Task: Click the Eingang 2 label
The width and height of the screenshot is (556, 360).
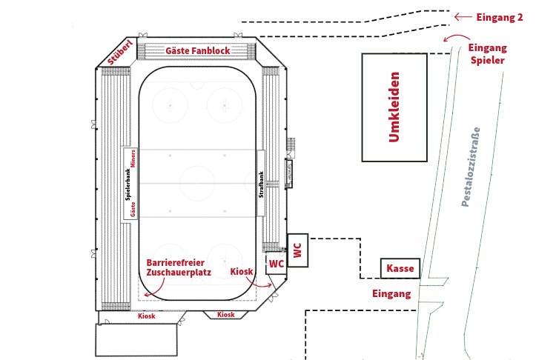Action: coord(501,16)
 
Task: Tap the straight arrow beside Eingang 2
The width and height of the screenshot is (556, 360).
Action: coord(463,16)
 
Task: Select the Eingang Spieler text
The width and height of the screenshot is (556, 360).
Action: coord(488,54)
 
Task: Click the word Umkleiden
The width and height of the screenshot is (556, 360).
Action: coord(394,107)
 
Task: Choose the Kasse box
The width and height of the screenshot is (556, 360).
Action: coord(401,268)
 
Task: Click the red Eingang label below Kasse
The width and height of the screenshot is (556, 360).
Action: coord(391,294)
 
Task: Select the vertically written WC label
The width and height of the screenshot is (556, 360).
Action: coord(297,251)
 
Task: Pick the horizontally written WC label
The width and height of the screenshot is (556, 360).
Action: coord(276,264)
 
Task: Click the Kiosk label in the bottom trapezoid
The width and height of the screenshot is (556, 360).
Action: coord(225,315)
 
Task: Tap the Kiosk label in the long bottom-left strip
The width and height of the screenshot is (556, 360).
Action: coord(147,316)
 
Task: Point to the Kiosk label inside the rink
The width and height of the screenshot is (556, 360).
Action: coord(242,272)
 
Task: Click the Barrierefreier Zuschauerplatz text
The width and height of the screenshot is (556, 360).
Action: coord(179,267)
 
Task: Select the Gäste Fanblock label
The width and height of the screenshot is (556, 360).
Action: coord(198,51)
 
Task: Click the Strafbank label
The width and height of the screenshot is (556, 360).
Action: coord(261,185)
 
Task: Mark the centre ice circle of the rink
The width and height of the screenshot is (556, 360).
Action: coord(198,183)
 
